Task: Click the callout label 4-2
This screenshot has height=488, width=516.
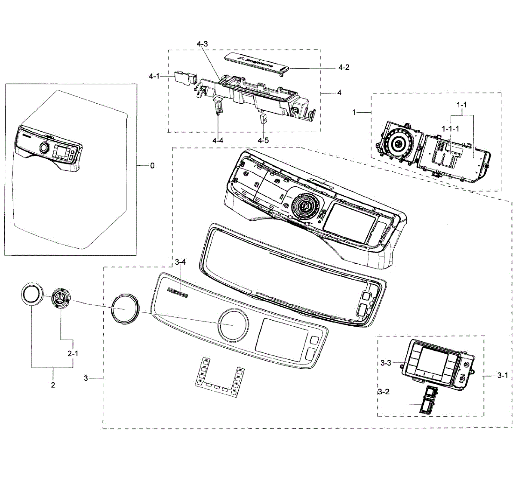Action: point(343,67)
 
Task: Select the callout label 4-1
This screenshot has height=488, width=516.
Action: point(154,76)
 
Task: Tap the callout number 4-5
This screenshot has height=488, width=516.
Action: point(263,140)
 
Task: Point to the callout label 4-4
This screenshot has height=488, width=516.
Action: point(218,140)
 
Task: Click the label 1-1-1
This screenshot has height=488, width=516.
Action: point(450,128)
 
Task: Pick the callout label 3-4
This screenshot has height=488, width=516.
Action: point(181,262)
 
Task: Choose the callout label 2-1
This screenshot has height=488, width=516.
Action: point(72,353)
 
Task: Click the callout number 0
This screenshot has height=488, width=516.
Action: point(152,166)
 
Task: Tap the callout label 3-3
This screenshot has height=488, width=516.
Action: point(386,363)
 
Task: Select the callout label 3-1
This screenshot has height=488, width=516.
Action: point(502,376)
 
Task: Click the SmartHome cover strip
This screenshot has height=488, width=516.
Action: point(258,62)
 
